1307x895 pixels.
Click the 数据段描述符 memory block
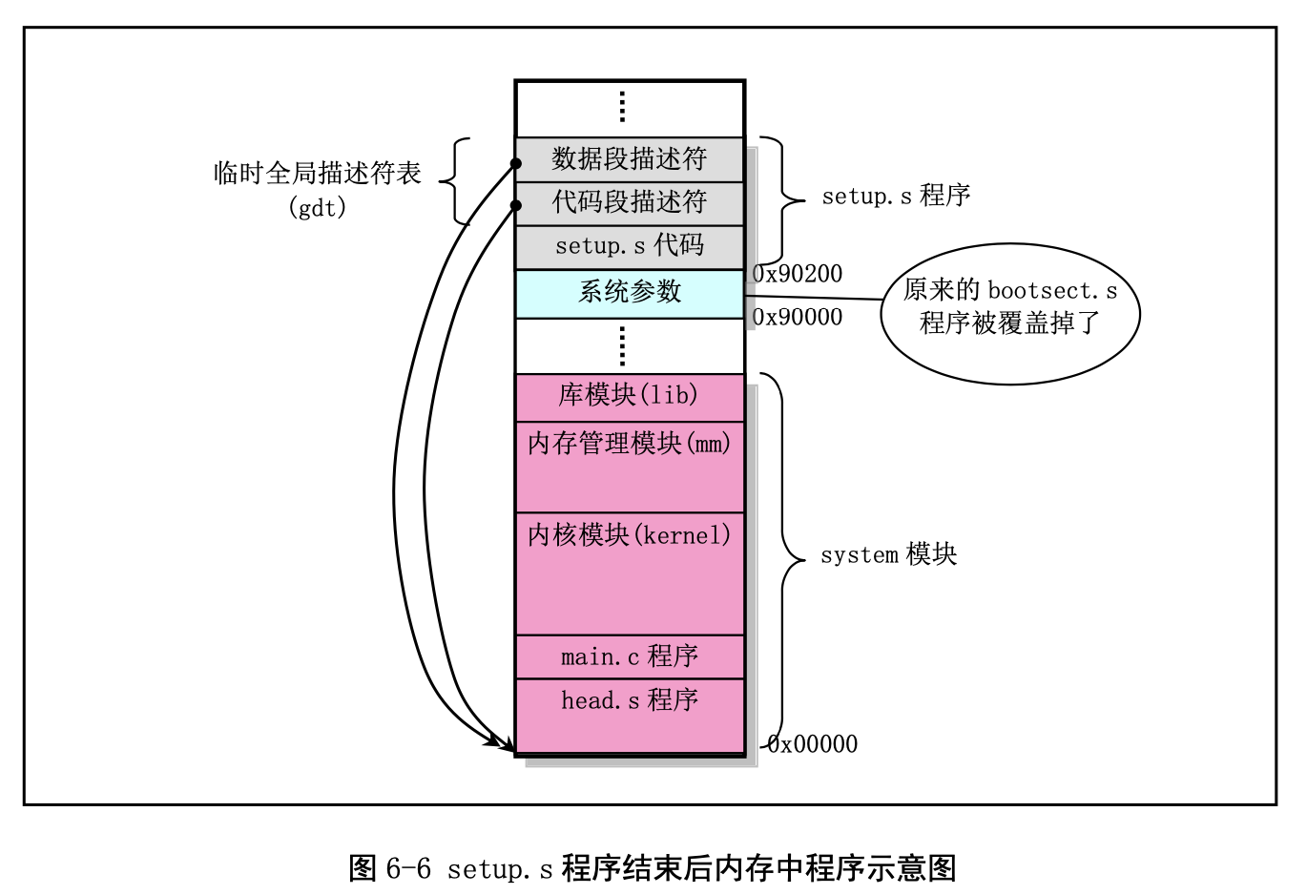pyautogui.click(x=630, y=159)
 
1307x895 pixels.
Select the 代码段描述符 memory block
pyautogui.click(x=630, y=202)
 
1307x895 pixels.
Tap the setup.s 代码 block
pyautogui.click(x=630, y=246)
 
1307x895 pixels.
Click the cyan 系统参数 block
pyautogui.click(x=630, y=292)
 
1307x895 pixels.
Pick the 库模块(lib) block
pyautogui.click(x=630, y=395)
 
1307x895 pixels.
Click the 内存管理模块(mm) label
pyautogui.click(x=630, y=444)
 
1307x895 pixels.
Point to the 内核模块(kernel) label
pyautogui.click(x=630, y=535)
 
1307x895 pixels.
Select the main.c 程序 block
pyautogui.click(x=630, y=656)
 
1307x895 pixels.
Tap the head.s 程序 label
pyautogui.click(x=630, y=700)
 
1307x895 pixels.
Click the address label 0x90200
pyautogui.click(x=798, y=274)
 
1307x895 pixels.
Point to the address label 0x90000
pyautogui.click(x=798, y=317)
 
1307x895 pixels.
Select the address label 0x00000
pyautogui.click(x=813, y=744)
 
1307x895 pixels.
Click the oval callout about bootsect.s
pyautogui.click(x=1010, y=313)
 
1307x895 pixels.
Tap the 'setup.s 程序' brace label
pyautogui.click(x=896, y=196)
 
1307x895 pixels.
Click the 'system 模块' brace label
pyautogui.click(x=888, y=554)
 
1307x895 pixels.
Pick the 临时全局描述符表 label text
pyautogui.click(x=318, y=174)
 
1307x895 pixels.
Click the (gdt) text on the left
pyautogui.click(x=318, y=207)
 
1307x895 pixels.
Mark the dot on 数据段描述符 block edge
pyautogui.click(x=516, y=163)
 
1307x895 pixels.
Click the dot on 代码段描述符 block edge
pyautogui.click(x=516, y=205)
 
